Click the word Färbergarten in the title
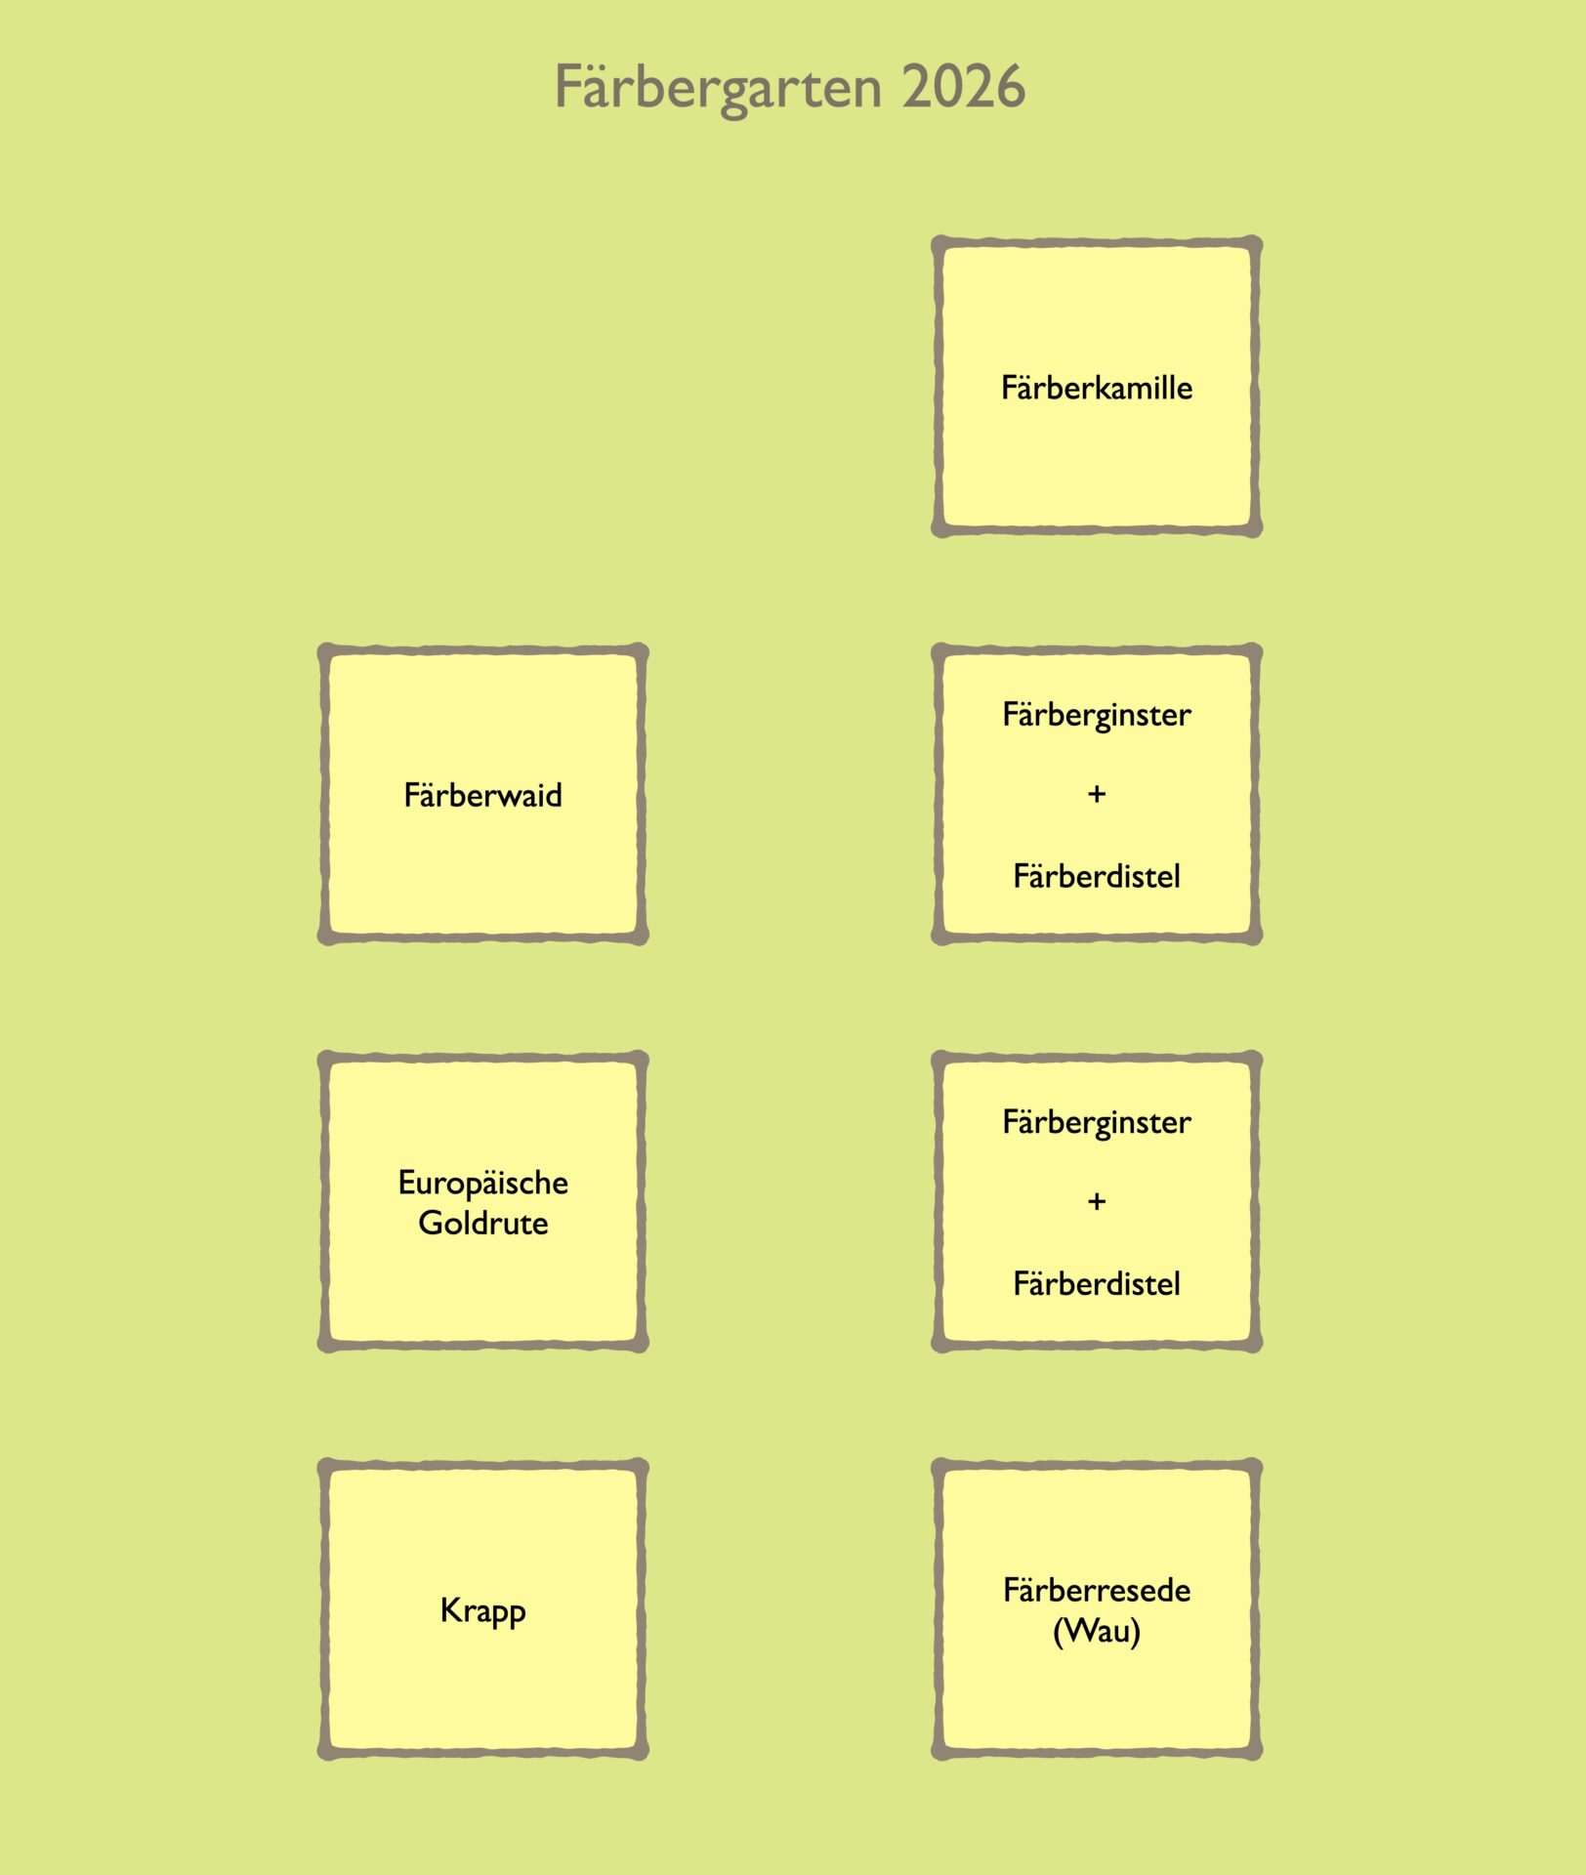point(718,88)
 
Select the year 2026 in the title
point(963,87)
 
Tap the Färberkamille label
point(1096,388)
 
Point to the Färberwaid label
point(482,795)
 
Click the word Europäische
point(482,1183)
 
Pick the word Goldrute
point(482,1223)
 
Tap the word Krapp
point(482,1610)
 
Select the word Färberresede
point(1096,1590)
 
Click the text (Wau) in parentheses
point(1096,1631)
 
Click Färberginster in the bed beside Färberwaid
point(1096,715)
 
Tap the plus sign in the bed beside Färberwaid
point(1096,794)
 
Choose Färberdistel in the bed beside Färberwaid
point(1096,876)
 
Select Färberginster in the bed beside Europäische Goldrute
point(1096,1122)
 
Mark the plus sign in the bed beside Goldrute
point(1096,1201)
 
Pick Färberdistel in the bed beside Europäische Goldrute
point(1096,1283)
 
